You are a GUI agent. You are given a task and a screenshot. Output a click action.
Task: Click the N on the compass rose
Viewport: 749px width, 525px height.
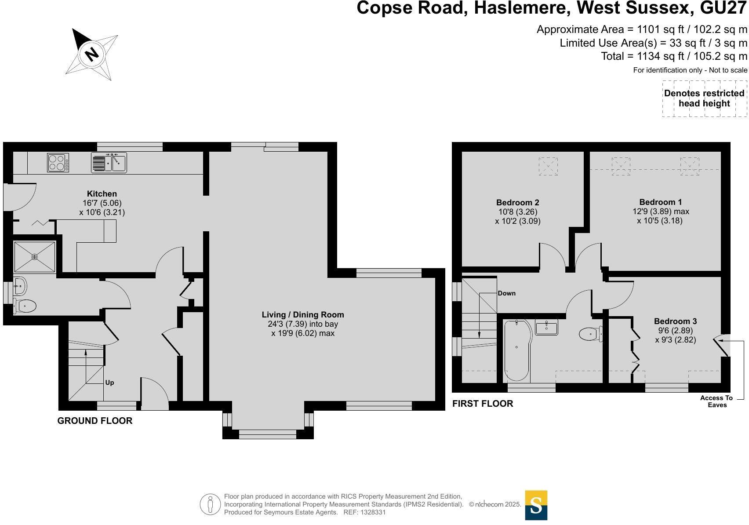pos(91,54)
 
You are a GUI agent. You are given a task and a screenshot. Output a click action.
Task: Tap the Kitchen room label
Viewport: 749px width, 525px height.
pos(102,194)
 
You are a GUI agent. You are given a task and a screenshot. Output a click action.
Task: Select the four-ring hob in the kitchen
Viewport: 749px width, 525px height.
pos(58,163)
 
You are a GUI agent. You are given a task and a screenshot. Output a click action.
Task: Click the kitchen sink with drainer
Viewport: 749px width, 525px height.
pos(109,162)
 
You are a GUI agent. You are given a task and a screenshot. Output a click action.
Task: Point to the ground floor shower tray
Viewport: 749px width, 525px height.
pos(35,257)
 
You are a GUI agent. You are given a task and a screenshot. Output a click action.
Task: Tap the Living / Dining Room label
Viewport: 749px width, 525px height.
pos(303,315)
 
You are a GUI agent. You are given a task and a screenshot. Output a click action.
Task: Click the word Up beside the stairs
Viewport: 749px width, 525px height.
pos(109,383)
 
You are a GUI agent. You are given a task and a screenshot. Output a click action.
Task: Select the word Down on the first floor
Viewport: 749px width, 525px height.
pos(507,293)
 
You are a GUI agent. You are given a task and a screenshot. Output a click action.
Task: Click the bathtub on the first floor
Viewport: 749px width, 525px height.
pos(517,350)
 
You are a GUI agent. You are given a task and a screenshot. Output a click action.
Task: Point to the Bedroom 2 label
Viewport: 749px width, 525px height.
pos(517,203)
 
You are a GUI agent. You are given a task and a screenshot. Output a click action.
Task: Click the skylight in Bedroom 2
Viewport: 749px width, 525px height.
pos(548,167)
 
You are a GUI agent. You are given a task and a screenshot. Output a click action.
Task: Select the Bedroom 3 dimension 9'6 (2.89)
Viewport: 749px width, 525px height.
pos(675,331)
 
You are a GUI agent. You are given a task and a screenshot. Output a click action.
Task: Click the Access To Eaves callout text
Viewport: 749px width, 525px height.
pos(716,401)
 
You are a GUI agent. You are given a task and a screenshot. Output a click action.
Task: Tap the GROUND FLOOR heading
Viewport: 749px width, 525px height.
pos(95,421)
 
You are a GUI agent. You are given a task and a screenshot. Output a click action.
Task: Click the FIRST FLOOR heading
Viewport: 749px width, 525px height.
pos(483,404)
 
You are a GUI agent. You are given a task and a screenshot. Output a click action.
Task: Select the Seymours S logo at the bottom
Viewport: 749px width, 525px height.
pos(536,505)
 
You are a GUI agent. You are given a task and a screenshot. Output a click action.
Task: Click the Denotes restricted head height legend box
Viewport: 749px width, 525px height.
pos(704,98)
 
